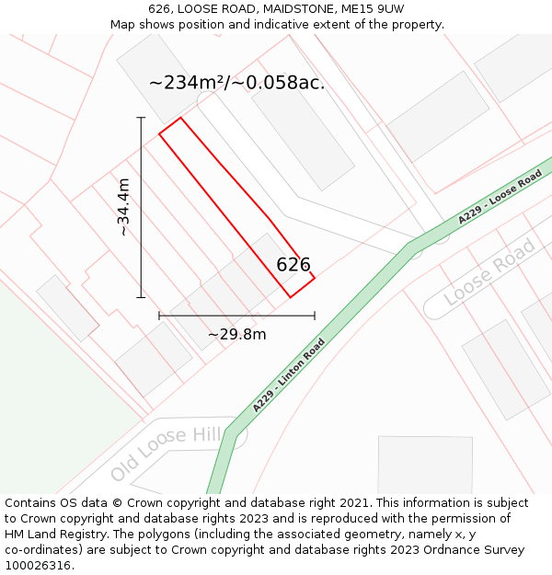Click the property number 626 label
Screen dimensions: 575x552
pos(293,265)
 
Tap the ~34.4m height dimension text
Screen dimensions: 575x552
pos(124,207)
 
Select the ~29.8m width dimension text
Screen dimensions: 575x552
pos(237,334)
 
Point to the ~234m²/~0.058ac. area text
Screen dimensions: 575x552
pos(236,83)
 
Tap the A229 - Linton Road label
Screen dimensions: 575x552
pos(289,375)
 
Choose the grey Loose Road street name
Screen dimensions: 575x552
pos(489,272)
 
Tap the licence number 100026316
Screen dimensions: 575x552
pos(39,565)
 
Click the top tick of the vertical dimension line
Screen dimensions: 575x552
pos(141,118)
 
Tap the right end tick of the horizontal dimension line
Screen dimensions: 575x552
pos(315,316)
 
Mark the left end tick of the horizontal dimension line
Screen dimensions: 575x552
pos(159,316)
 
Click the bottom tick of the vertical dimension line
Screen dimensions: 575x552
pos(141,297)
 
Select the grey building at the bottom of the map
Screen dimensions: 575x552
pos(425,465)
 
